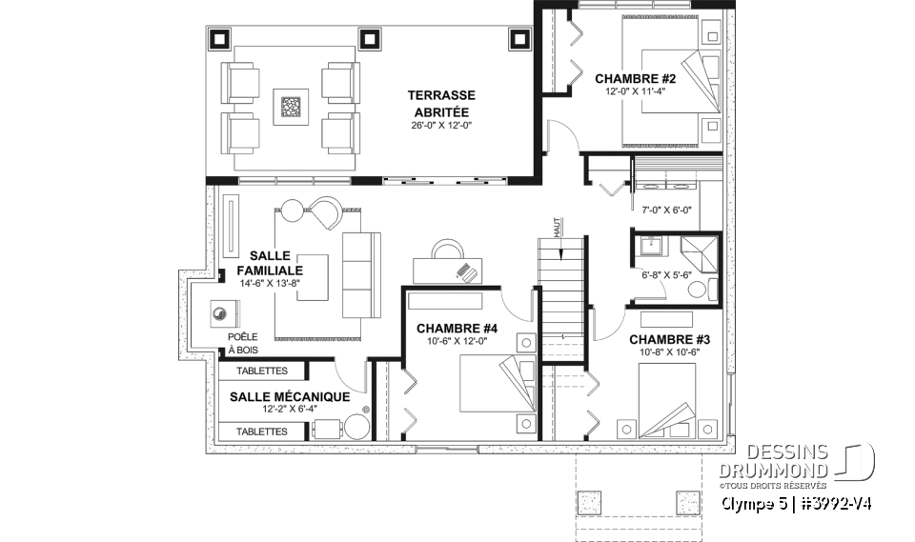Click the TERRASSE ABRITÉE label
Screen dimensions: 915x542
click(441, 103)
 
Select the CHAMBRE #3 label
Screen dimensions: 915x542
click(669, 339)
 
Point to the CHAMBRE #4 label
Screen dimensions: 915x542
click(457, 329)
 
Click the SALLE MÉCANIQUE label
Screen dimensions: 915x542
click(290, 396)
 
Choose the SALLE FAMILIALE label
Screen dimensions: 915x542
click(270, 263)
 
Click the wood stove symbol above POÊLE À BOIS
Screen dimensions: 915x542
click(224, 314)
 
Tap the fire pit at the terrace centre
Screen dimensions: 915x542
click(290, 107)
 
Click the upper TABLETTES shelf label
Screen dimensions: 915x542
click(261, 371)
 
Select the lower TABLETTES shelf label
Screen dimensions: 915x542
click(261, 432)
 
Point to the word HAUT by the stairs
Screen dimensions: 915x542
click(557, 227)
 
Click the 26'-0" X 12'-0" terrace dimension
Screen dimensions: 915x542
click(441, 125)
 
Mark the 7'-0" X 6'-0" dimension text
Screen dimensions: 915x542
click(666, 210)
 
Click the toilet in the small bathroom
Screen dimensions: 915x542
click(702, 289)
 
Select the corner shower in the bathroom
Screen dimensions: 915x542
click(699, 254)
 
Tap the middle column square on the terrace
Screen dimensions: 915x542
click(369, 39)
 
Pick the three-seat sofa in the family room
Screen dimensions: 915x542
click(361, 275)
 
